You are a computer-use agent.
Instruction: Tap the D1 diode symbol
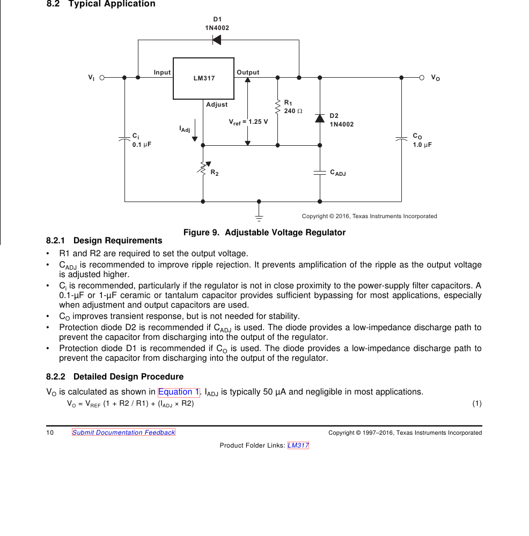(x=217, y=40)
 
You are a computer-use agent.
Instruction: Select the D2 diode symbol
(x=320, y=118)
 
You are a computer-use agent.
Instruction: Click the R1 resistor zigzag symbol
(x=277, y=107)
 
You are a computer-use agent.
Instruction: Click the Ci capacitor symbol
(x=124, y=139)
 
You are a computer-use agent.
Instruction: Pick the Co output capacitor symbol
(x=401, y=139)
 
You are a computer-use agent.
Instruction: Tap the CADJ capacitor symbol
(x=320, y=173)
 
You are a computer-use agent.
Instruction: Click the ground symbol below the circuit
(x=259, y=218)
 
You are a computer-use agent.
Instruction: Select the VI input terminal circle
(x=102, y=78)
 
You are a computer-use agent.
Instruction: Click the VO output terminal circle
(x=422, y=78)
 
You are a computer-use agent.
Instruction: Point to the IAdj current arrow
(x=195, y=130)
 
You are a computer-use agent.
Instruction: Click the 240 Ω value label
(x=293, y=111)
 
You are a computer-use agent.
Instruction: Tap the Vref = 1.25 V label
(x=248, y=122)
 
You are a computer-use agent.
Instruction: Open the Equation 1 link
(x=179, y=392)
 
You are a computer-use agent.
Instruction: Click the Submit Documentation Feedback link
(x=123, y=433)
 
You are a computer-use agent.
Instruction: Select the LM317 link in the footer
(x=298, y=445)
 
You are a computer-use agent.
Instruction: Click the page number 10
(x=50, y=433)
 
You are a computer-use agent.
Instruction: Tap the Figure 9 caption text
(x=264, y=233)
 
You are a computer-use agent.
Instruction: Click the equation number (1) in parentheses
(x=477, y=404)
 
